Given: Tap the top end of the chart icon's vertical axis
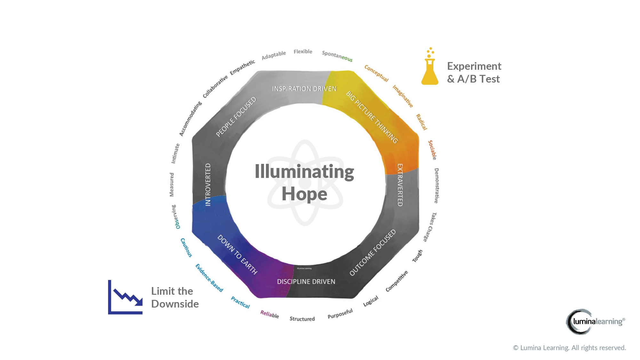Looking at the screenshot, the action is click(109, 280).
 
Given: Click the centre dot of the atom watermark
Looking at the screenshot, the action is click(305, 183).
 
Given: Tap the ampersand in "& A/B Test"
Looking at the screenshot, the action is click(451, 79).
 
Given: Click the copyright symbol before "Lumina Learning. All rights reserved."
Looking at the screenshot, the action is click(516, 348).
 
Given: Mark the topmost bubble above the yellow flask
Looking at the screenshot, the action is click(430, 48).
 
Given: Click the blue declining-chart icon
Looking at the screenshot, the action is click(125, 297).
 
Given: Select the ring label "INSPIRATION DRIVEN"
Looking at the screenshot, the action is click(304, 89).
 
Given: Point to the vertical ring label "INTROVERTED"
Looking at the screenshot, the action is click(208, 185).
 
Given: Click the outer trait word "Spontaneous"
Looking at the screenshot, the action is click(337, 56).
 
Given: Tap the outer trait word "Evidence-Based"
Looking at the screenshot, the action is click(209, 278).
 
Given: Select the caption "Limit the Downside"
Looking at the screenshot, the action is click(175, 298).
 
